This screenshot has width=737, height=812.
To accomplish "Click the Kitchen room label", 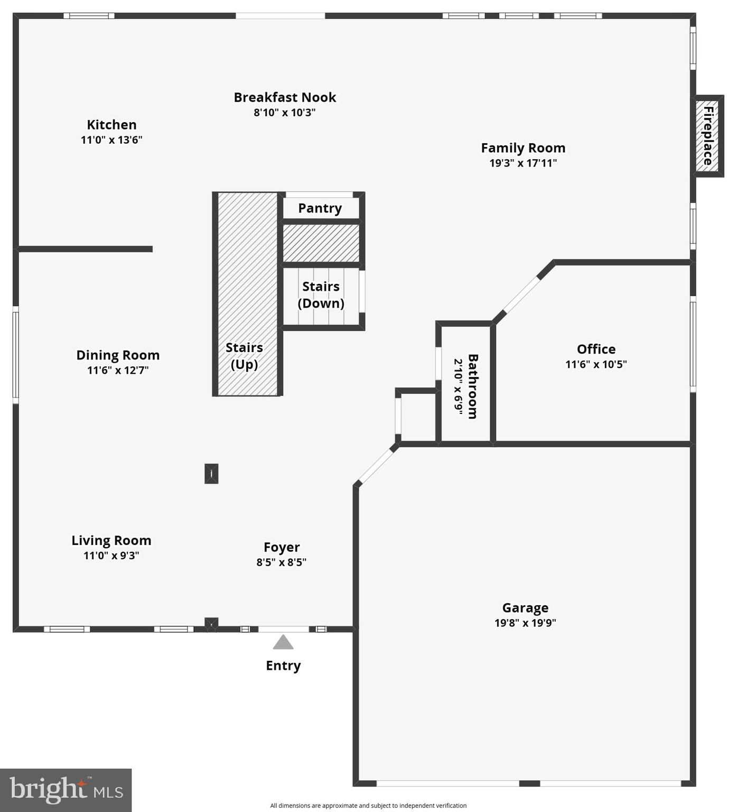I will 111,125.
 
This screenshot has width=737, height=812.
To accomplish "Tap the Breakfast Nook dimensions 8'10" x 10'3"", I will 284,113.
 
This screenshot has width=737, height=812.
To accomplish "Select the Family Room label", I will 523,148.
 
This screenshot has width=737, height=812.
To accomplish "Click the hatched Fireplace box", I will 707,136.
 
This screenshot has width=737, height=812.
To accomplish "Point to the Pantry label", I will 320,208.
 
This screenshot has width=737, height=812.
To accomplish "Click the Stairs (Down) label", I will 321,295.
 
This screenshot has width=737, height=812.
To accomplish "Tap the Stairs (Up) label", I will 244,356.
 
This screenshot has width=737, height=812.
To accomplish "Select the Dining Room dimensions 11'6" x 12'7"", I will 118,370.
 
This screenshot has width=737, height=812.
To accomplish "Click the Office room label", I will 596,349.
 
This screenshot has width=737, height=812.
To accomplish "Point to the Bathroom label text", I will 473,386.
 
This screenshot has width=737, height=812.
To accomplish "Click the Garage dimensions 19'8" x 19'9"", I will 525,623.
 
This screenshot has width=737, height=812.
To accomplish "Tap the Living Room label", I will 111,540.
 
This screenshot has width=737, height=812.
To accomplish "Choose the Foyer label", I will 282,547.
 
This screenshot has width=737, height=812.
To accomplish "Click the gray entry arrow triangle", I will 283,642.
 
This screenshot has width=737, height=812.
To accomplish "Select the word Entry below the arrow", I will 283,666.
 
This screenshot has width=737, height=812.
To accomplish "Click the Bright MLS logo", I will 66,790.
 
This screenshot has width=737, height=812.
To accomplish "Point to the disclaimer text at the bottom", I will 368,806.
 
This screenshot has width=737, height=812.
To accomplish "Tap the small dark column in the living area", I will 211,474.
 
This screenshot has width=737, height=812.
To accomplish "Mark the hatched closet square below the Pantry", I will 321,243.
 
